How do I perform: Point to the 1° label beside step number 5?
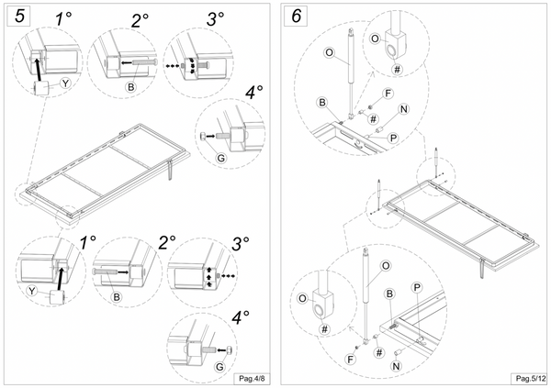[63, 18]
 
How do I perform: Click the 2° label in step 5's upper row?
[140, 20]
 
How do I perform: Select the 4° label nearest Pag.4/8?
[241, 317]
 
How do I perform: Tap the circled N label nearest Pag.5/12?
[397, 366]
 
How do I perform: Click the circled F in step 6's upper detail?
[388, 94]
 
